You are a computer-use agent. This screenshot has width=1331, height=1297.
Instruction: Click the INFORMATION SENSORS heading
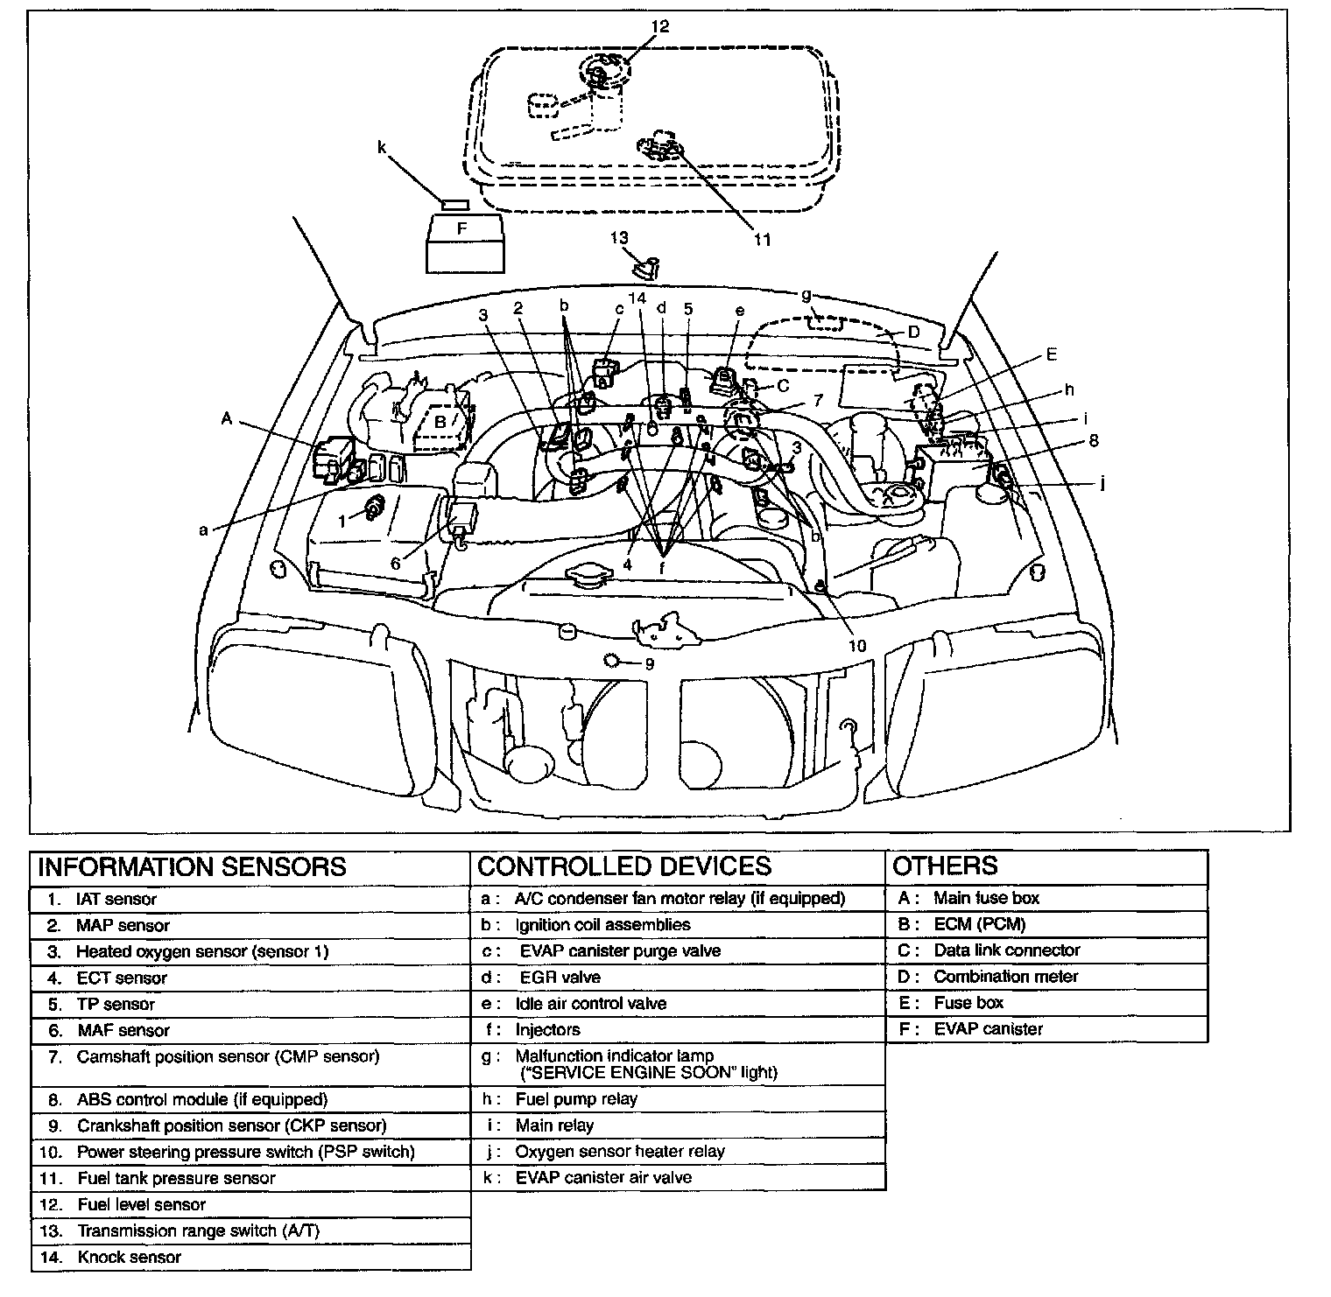pos(193,866)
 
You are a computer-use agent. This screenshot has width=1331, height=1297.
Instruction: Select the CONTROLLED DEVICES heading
pos(624,866)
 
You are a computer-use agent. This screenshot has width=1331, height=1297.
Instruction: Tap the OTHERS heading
pos(945,866)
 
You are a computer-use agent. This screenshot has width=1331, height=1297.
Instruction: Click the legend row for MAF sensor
pos(123,1030)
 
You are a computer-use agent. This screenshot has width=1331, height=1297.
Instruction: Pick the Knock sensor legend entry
pos(129,1257)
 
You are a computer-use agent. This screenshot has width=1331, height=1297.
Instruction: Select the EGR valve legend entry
pos(560,977)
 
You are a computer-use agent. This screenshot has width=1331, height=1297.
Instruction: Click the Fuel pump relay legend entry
pos(576,1098)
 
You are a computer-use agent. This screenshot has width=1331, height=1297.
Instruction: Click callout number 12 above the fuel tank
pos(659,27)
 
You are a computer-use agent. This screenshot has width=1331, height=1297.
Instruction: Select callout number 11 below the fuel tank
pos(763,239)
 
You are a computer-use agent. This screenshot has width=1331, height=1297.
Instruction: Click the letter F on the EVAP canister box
pos(462,228)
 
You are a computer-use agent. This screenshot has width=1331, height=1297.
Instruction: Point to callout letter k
pos(382,148)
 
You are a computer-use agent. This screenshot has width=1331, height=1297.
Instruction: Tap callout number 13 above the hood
pos(619,238)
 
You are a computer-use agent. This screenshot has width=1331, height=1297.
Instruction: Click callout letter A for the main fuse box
pos(227,419)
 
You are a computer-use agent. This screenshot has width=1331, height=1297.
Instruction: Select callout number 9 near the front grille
pos(649,663)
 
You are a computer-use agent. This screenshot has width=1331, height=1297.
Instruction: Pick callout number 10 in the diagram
pos(857,645)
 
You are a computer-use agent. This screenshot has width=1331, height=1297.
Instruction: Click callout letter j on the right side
pos(1102,482)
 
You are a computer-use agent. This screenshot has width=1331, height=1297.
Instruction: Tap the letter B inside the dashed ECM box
pos(441,422)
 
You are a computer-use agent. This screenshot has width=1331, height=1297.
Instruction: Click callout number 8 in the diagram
pos(1094,441)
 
